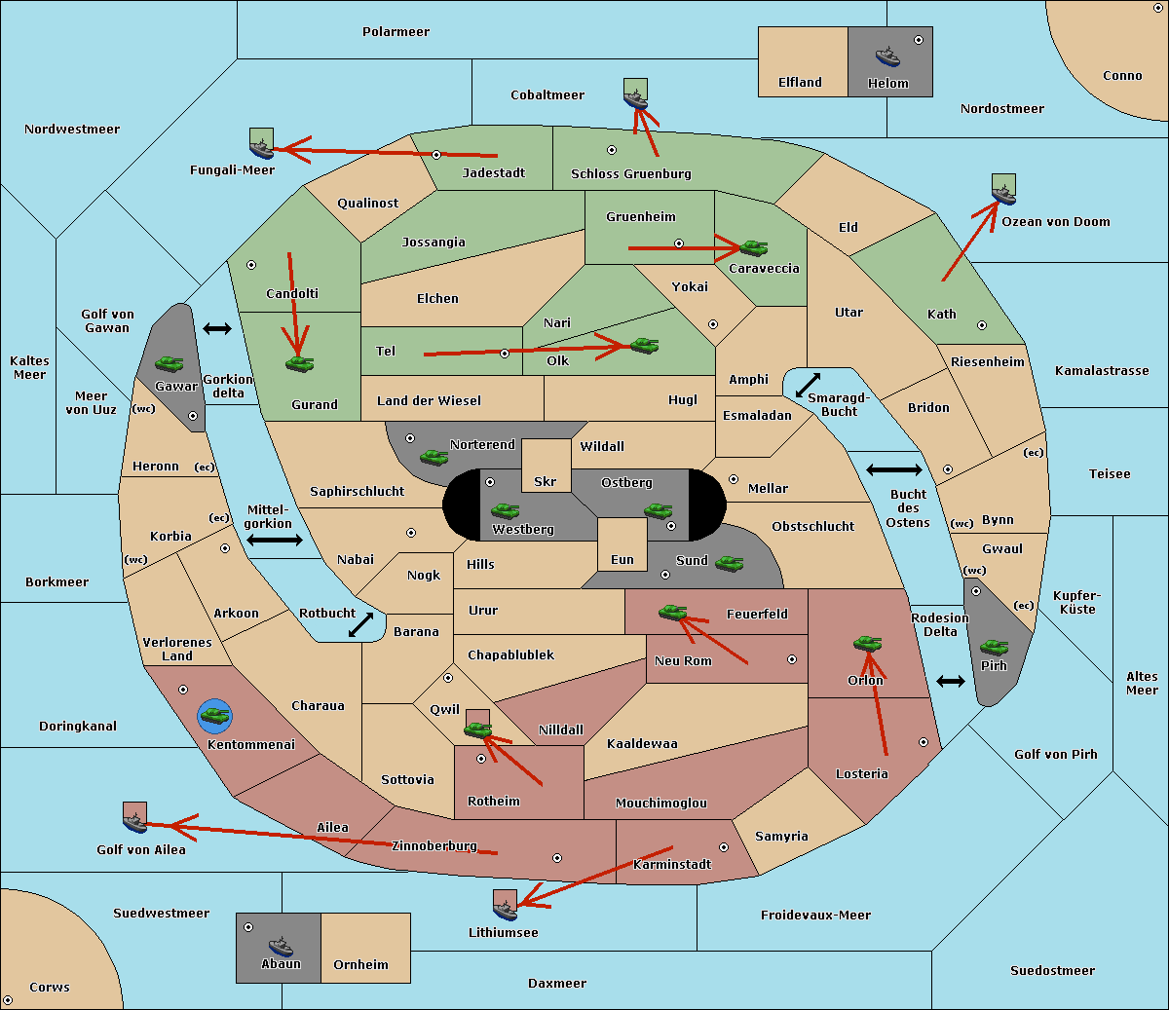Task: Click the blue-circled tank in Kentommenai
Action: click(x=214, y=717)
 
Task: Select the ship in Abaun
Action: click(x=281, y=946)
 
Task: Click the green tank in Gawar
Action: click(x=169, y=364)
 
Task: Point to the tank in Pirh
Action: click(x=994, y=648)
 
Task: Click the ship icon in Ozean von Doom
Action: click(x=1003, y=189)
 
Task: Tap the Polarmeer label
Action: click(x=396, y=32)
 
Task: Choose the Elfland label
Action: click(x=800, y=83)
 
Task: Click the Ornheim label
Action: click(x=360, y=965)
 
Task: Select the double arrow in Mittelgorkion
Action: click(x=275, y=541)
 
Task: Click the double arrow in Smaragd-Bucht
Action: click(x=809, y=386)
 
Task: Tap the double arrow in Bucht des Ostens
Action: click(x=893, y=470)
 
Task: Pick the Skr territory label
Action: click(x=546, y=482)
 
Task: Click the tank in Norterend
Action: click(x=434, y=457)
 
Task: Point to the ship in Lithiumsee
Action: click(x=505, y=906)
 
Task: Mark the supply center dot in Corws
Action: click(x=8, y=1000)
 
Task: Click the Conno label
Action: click(x=1122, y=76)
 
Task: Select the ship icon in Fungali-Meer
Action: click(x=261, y=144)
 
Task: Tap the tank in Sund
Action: click(x=729, y=563)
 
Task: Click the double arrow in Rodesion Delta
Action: click(x=951, y=681)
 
